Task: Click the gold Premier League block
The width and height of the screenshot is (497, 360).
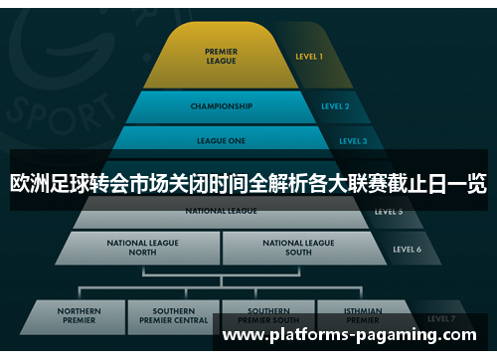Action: click(221, 57)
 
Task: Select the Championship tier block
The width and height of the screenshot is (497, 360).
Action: click(221, 105)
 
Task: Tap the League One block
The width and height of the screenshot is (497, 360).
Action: click(221, 140)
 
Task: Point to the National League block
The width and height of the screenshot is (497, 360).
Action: click(221, 212)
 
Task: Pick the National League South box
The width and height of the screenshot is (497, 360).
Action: click(298, 247)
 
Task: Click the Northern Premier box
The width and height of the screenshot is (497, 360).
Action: click(79, 315)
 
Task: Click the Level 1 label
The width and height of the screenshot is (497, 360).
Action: click(309, 57)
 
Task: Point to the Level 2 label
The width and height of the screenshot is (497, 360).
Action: click(335, 105)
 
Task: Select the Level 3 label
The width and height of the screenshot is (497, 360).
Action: click(353, 140)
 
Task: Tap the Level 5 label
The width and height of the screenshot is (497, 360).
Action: click(388, 212)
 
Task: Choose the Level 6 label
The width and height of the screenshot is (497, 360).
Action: click(407, 249)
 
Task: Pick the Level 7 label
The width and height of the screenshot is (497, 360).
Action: click(440, 318)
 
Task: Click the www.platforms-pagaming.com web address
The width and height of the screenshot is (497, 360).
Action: click(354, 336)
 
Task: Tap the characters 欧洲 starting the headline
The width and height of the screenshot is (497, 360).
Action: click(29, 183)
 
